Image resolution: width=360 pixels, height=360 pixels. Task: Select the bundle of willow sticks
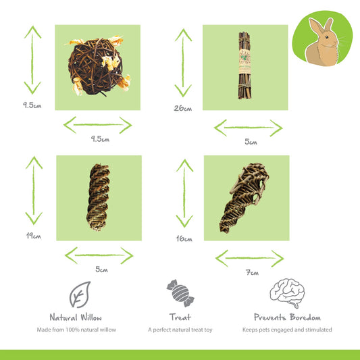[x=245, y=66]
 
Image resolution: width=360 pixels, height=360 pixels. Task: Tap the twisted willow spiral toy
[x=98, y=197]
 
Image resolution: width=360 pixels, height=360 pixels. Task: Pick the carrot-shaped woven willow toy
[x=245, y=197]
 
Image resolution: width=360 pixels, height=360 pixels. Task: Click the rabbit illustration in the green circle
[x=324, y=42]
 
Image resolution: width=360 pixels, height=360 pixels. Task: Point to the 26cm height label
[x=183, y=108]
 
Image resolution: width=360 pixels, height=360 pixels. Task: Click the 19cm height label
[x=34, y=236]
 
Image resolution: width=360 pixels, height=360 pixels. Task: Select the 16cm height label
[x=184, y=239]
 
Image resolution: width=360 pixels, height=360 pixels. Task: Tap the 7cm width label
[x=252, y=272]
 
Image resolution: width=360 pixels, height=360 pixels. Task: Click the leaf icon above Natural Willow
[x=80, y=294]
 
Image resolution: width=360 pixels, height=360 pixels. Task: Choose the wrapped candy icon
[x=180, y=293]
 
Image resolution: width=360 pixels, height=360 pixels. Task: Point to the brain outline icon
[x=287, y=293]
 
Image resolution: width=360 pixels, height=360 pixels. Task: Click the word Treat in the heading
[x=180, y=317]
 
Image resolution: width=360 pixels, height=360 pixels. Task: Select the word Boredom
[x=305, y=317]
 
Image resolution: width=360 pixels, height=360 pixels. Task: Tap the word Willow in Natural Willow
[x=91, y=317]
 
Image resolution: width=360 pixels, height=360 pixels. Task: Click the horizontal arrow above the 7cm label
[x=250, y=258]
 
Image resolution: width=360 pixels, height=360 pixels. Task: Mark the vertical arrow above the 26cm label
[x=183, y=63]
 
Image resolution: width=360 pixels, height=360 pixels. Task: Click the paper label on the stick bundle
[x=245, y=62]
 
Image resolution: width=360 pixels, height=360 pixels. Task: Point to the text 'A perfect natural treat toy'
[x=180, y=330]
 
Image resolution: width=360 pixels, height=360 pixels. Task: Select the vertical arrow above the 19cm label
[x=34, y=190]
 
